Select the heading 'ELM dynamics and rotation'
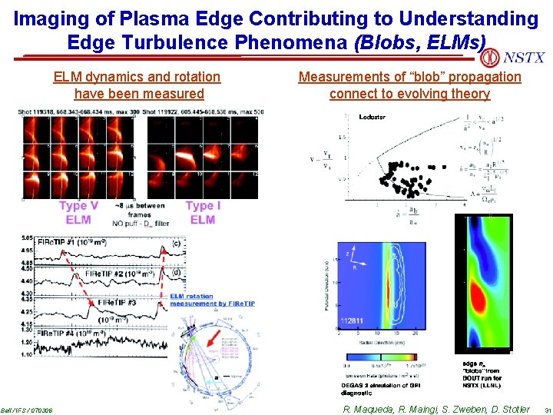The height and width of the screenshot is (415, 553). point(137,77)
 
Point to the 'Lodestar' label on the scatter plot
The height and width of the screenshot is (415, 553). point(373,117)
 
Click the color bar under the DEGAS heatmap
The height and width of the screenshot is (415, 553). point(379,357)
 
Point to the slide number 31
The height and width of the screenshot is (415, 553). point(545,410)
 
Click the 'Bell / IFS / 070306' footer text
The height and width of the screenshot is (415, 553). point(26,410)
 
